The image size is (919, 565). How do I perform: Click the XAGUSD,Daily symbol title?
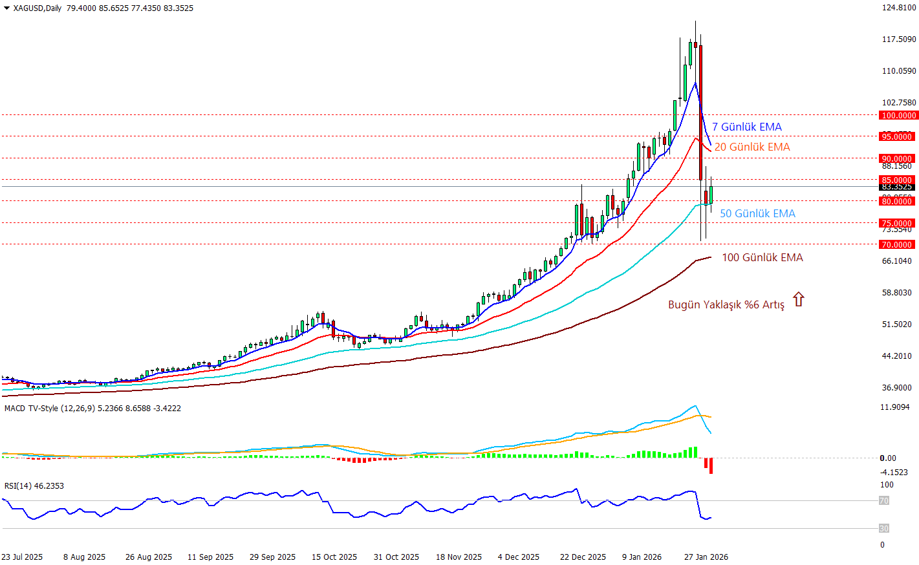click(x=38, y=8)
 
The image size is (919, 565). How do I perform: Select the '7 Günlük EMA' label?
click(x=747, y=127)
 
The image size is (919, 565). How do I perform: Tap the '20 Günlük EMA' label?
click(x=752, y=147)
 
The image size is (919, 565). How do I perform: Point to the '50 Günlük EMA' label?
click(x=757, y=214)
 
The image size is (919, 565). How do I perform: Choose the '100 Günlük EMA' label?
click(x=762, y=258)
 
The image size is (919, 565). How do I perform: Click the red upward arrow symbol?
click(x=799, y=299)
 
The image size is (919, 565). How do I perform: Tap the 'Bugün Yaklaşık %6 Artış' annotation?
click(x=726, y=304)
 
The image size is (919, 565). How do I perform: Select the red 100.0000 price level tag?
click(x=898, y=116)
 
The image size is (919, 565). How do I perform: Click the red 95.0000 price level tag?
click(x=897, y=136)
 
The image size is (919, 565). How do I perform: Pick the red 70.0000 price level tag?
click(x=897, y=244)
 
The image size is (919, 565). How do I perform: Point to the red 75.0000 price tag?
click(x=897, y=224)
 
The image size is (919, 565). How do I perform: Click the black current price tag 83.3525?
click(x=897, y=187)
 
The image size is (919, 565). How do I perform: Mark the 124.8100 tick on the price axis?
click(x=899, y=8)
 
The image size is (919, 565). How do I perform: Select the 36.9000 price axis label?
click(x=897, y=388)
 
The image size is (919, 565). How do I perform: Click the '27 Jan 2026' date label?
click(x=706, y=557)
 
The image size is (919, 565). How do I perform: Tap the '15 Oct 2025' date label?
click(x=334, y=557)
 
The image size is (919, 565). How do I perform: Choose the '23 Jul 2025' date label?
click(x=22, y=557)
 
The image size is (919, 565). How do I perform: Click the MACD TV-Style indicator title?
click(x=92, y=409)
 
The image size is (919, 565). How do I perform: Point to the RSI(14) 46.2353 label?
click(x=34, y=486)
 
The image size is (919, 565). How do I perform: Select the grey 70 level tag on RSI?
click(x=883, y=501)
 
